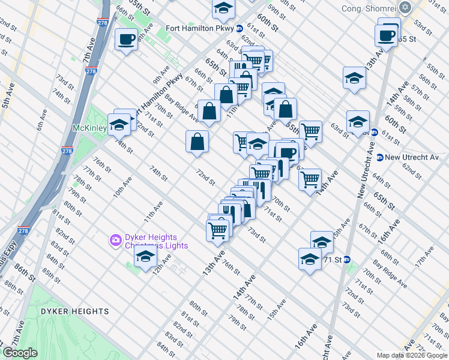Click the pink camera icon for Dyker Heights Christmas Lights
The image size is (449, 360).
coord(115,240)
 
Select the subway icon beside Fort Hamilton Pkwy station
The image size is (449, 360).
coord(239,28)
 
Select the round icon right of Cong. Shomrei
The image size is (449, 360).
coord(406,8)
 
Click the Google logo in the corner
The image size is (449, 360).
coord(20,353)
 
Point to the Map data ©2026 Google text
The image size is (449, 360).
coord(412,355)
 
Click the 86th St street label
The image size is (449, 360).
coord(25,274)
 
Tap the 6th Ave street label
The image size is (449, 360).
coord(41,122)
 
